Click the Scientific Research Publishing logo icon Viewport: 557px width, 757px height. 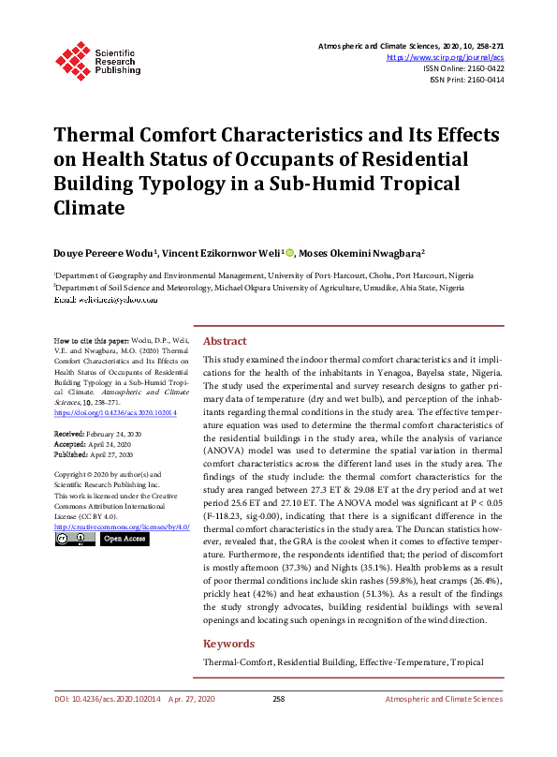[x=71, y=58]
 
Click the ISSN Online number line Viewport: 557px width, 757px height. [x=464, y=68]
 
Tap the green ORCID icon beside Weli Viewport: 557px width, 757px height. [x=290, y=252]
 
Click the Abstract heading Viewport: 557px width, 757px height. [x=225, y=342]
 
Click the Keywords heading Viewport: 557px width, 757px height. [x=228, y=644]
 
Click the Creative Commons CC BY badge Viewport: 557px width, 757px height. [x=74, y=539]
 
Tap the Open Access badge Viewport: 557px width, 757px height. [x=125, y=539]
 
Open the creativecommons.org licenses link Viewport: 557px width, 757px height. [x=121, y=527]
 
